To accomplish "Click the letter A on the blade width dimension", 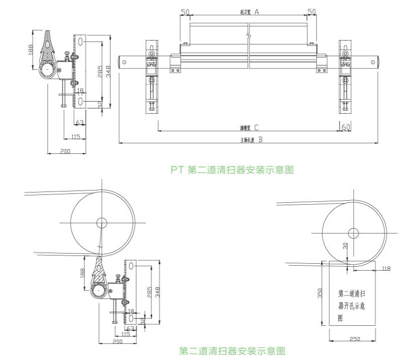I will click(256, 11).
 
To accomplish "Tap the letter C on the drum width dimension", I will click(256, 128).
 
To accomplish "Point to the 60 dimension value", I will click(346, 127).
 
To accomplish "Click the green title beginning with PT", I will click(232, 170).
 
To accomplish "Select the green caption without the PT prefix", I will click(232, 350).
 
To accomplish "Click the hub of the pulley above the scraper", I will click(102, 223).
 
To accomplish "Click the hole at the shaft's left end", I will click(125, 62).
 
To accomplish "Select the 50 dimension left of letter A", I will click(185, 11).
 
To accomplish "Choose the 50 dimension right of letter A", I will click(311, 11).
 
